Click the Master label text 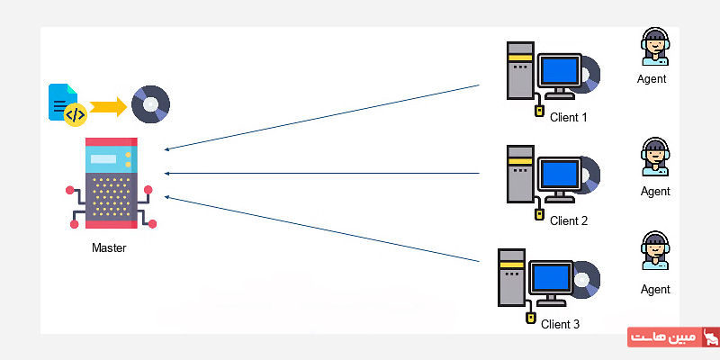[x=109, y=247]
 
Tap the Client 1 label [x=568, y=117]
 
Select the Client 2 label [x=568, y=220]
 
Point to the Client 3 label [x=560, y=324]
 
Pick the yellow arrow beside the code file [x=108, y=107]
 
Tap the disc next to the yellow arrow [x=150, y=104]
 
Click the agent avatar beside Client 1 [x=654, y=46]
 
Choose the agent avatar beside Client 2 [x=654, y=157]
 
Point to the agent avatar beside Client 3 [x=654, y=251]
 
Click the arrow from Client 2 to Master [x=324, y=173]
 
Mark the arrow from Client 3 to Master [x=324, y=229]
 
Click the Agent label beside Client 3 [x=655, y=289]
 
